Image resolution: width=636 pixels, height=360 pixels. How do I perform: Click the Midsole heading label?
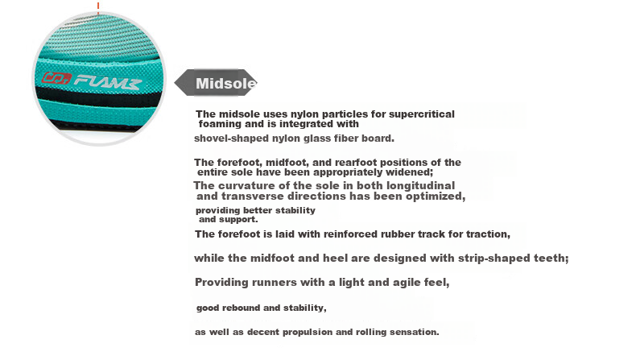point(226,83)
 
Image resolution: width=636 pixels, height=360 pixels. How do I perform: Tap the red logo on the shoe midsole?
point(57,78)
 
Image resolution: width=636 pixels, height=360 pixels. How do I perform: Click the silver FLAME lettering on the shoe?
point(108,82)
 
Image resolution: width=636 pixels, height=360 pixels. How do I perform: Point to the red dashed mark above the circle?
point(98,8)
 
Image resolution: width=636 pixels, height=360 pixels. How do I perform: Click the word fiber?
point(346,139)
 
